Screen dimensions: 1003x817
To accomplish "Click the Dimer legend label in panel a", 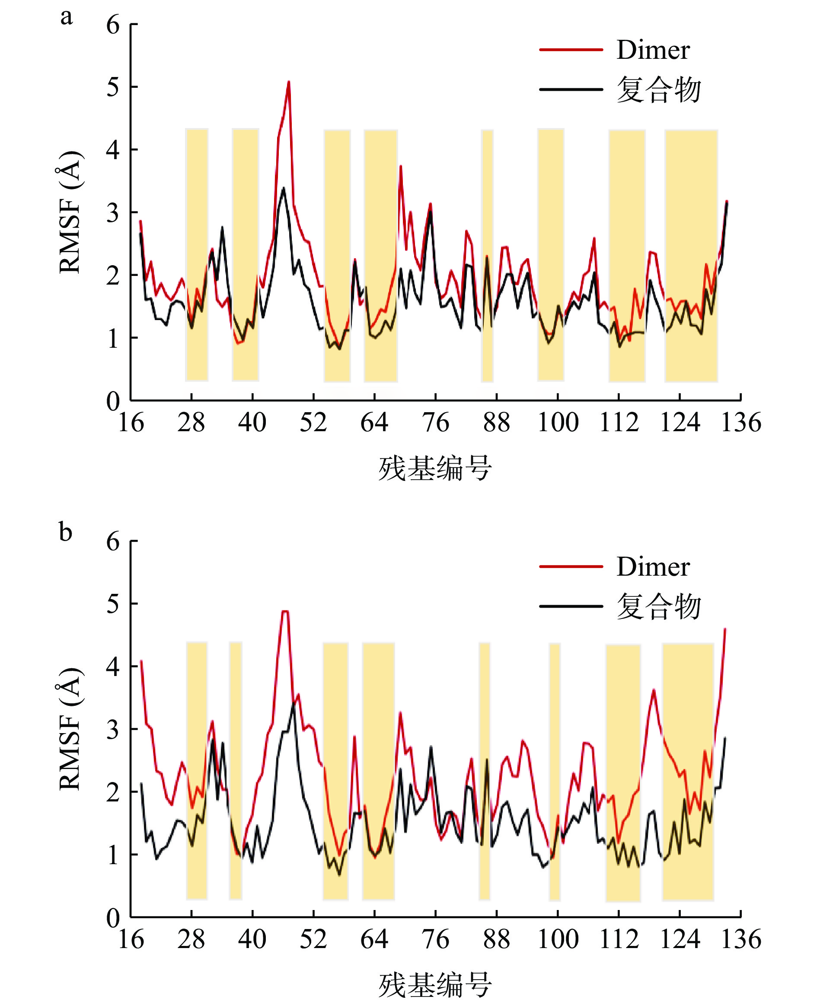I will pos(653,50).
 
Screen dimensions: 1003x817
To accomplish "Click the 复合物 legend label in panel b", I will pos(659,606).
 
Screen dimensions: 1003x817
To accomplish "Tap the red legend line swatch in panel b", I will pos(571,567).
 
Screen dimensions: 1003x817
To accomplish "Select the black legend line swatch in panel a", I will pos(571,90).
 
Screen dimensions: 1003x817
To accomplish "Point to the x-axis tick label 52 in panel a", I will pos(313,423).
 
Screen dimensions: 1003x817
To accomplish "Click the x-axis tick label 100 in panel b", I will pos(558,939).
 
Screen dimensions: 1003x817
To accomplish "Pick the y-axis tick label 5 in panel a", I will pos(113,87).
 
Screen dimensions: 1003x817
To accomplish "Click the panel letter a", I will pos(67,17).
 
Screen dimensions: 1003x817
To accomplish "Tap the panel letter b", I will pos(66,532).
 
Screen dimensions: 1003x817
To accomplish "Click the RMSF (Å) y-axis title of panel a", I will pos(70,212).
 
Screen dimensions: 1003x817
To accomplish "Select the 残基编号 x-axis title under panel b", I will pos(435,984).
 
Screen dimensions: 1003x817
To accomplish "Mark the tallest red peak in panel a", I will pos(288,83).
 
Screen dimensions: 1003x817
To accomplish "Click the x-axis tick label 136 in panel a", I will pos(741,423).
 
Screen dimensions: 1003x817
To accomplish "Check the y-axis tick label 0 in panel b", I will pos(113,917).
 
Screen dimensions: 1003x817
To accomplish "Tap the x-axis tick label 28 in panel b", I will pos(191,939).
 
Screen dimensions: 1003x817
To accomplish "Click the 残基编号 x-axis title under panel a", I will pos(435,468).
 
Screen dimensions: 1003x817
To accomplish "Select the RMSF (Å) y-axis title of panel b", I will pos(70,728).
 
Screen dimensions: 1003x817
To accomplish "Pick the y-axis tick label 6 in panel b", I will pos(113,542).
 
